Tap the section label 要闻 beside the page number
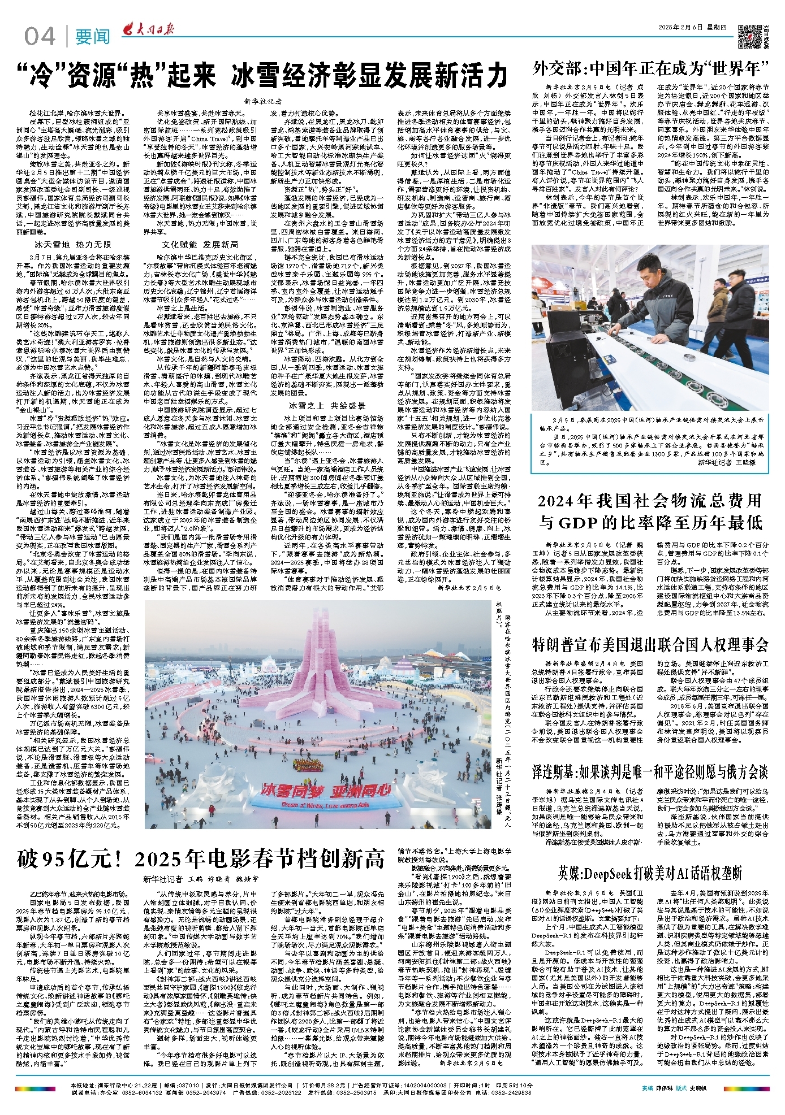click(x=92, y=37)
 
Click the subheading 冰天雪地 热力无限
click(x=73, y=245)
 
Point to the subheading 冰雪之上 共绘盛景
click(x=327, y=405)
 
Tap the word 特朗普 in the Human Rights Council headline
click(x=562, y=644)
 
